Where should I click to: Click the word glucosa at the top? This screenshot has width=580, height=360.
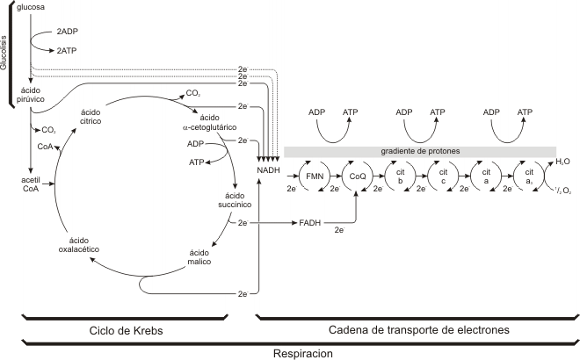coord(33,8)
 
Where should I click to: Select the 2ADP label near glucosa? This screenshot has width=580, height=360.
coord(67,32)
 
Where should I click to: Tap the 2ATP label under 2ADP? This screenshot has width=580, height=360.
coord(67,52)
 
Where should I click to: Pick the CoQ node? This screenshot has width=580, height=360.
coord(356,176)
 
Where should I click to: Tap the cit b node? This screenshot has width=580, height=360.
coord(400,176)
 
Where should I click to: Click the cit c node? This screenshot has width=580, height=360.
coord(444,176)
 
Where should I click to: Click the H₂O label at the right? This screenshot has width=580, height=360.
coord(560,162)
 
